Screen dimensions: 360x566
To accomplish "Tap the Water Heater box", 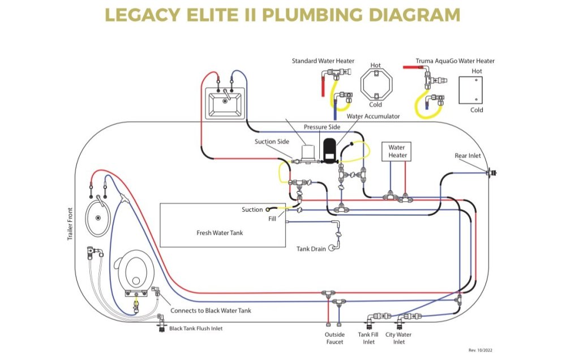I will [397, 151].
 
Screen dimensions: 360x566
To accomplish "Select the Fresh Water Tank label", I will [220, 233].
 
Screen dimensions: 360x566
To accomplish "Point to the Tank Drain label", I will [311, 248].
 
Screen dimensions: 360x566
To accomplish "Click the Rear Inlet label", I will [468, 156].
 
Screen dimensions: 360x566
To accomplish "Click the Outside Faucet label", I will [335, 338].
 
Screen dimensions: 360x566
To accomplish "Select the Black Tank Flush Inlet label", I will [196, 328].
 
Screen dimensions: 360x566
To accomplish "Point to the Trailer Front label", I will [71, 224].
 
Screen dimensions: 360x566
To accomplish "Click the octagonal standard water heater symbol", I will [375, 85].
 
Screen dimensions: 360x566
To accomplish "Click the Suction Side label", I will [273, 142].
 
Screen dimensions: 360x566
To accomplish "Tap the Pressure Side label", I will [321, 127].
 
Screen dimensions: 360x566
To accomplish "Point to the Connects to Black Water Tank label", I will [211, 311].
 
